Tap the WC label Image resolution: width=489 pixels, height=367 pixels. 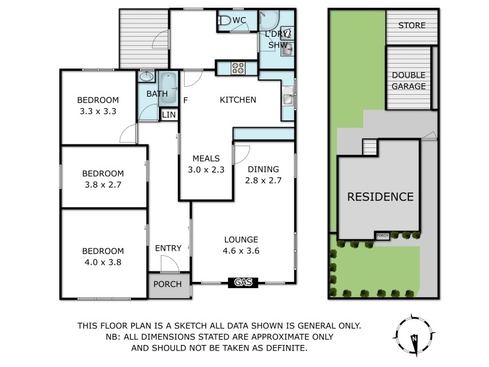pyautogui.click(x=239, y=21)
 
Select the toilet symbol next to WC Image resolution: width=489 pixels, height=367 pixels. pyautogui.click(x=225, y=21)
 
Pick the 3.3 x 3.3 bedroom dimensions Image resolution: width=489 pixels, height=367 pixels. pyautogui.click(x=98, y=111)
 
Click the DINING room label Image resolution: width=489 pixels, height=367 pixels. pyautogui.click(x=263, y=169)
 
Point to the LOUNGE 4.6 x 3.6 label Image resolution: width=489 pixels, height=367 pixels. pyautogui.click(x=241, y=245)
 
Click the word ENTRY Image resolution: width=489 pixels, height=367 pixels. pyautogui.click(x=168, y=248)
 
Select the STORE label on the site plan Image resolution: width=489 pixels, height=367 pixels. pyautogui.click(x=411, y=26)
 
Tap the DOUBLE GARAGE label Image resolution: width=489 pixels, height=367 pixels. pyautogui.click(x=409, y=81)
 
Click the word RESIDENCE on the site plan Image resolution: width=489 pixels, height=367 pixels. pyautogui.click(x=380, y=197)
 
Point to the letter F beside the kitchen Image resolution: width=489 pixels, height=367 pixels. pyautogui.click(x=185, y=100)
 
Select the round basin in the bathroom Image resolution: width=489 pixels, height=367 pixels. pyautogui.click(x=147, y=78)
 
